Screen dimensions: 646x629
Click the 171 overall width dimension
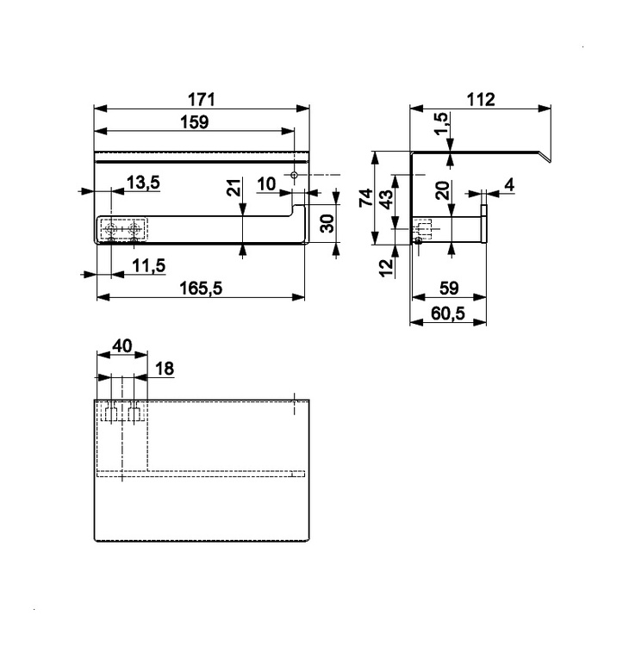point(200,99)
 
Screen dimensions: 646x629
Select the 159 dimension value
point(194,122)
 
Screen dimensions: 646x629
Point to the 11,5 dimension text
point(149,265)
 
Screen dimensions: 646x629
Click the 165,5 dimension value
point(200,289)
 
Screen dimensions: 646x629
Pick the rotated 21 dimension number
point(234,188)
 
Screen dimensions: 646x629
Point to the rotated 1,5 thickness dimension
point(441,122)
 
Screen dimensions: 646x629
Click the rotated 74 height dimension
point(365,198)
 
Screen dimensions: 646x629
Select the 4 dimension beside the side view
point(508,183)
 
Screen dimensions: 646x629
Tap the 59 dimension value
point(447,289)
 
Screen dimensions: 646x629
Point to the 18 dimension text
point(163,369)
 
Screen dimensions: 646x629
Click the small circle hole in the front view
point(294,175)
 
